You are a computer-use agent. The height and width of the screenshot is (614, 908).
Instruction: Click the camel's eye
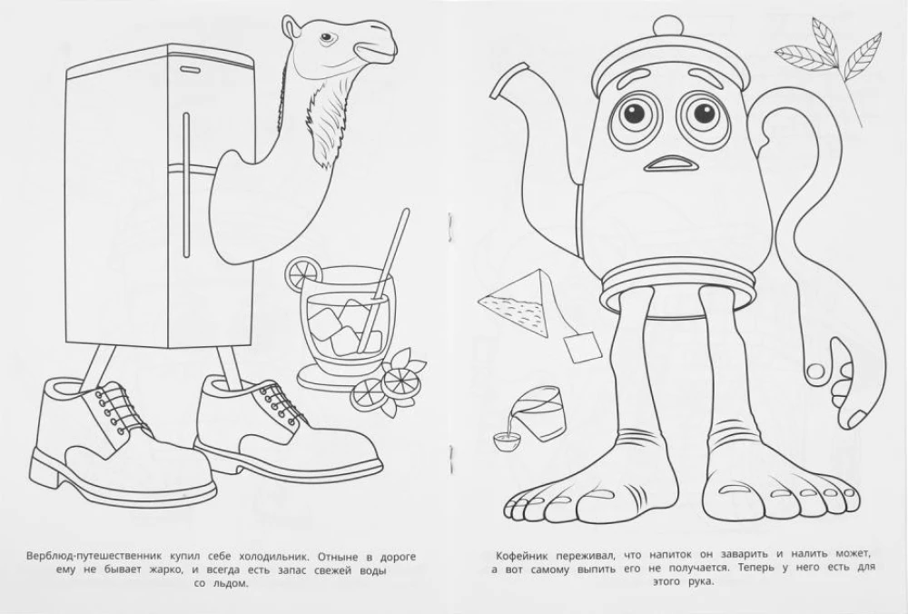pyautogui.click(x=327, y=37)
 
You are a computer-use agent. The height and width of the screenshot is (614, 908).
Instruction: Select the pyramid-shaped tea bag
pyautogui.click(x=513, y=304)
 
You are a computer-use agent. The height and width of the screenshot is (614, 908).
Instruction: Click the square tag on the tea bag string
pyautogui.click(x=582, y=348)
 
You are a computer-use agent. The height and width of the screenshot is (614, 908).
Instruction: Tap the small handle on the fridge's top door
pyautogui.click(x=189, y=69)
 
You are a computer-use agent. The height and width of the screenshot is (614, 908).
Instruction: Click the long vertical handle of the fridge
pyautogui.click(x=186, y=184)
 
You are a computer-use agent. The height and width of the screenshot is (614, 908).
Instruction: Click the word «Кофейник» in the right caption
pyautogui.click(x=520, y=556)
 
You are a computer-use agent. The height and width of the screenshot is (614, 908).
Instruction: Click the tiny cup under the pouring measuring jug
pyautogui.click(x=503, y=441)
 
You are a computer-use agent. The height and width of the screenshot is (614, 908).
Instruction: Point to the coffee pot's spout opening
pyautogui.click(x=498, y=84)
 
